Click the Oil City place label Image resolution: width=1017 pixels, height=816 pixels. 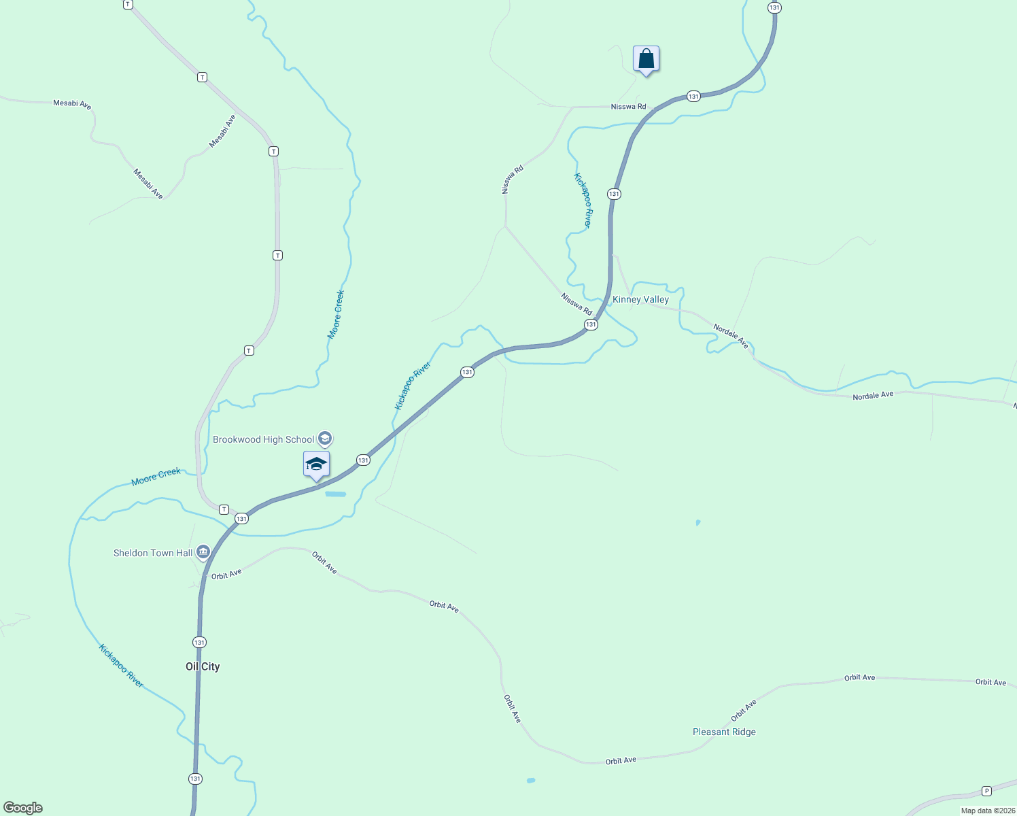click(203, 666)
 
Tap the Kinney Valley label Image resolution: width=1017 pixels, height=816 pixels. click(640, 299)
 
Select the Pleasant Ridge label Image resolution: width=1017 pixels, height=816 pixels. click(724, 732)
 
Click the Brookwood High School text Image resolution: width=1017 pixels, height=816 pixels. click(264, 439)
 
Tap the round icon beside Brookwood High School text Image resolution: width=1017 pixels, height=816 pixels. click(325, 439)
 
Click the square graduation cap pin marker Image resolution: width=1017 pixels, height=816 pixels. click(316, 464)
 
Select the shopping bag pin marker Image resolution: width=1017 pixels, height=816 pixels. click(646, 59)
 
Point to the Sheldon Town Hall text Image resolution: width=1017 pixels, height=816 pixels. click(153, 553)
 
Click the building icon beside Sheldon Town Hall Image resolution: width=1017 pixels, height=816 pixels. click(203, 552)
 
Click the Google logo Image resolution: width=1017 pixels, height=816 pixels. click(23, 808)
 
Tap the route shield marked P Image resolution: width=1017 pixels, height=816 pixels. click(986, 791)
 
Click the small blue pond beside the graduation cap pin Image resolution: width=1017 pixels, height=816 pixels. click(336, 494)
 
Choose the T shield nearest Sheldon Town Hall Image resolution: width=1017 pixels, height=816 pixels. click(224, 509)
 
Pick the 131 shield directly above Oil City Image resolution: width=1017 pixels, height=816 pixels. click(199, 642)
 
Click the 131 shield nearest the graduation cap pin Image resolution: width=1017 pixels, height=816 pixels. click(363, 460)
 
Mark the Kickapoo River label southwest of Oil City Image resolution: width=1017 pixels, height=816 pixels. click(121, 666)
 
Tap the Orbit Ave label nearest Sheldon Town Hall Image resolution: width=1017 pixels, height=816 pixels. click(226, 575)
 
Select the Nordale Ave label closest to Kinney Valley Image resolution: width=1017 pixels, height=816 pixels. click(731, 337)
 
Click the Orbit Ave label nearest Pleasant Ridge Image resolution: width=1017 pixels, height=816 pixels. click(744, 711)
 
